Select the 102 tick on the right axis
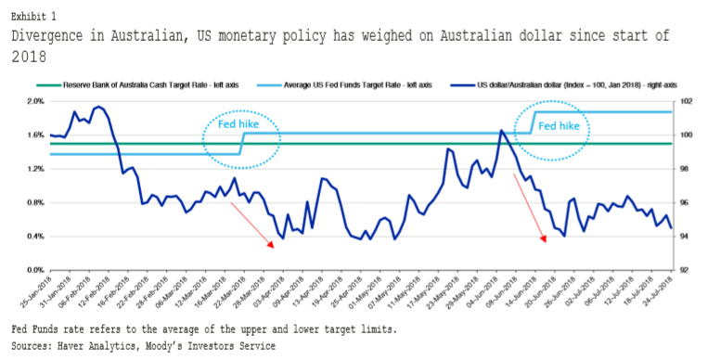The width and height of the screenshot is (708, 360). (x=687, y=101)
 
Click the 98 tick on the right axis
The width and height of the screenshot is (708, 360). (x=687, y=169)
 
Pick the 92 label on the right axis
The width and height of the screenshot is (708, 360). (x=687, y=270)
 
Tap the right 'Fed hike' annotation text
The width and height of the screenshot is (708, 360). (x=559, y=125)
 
